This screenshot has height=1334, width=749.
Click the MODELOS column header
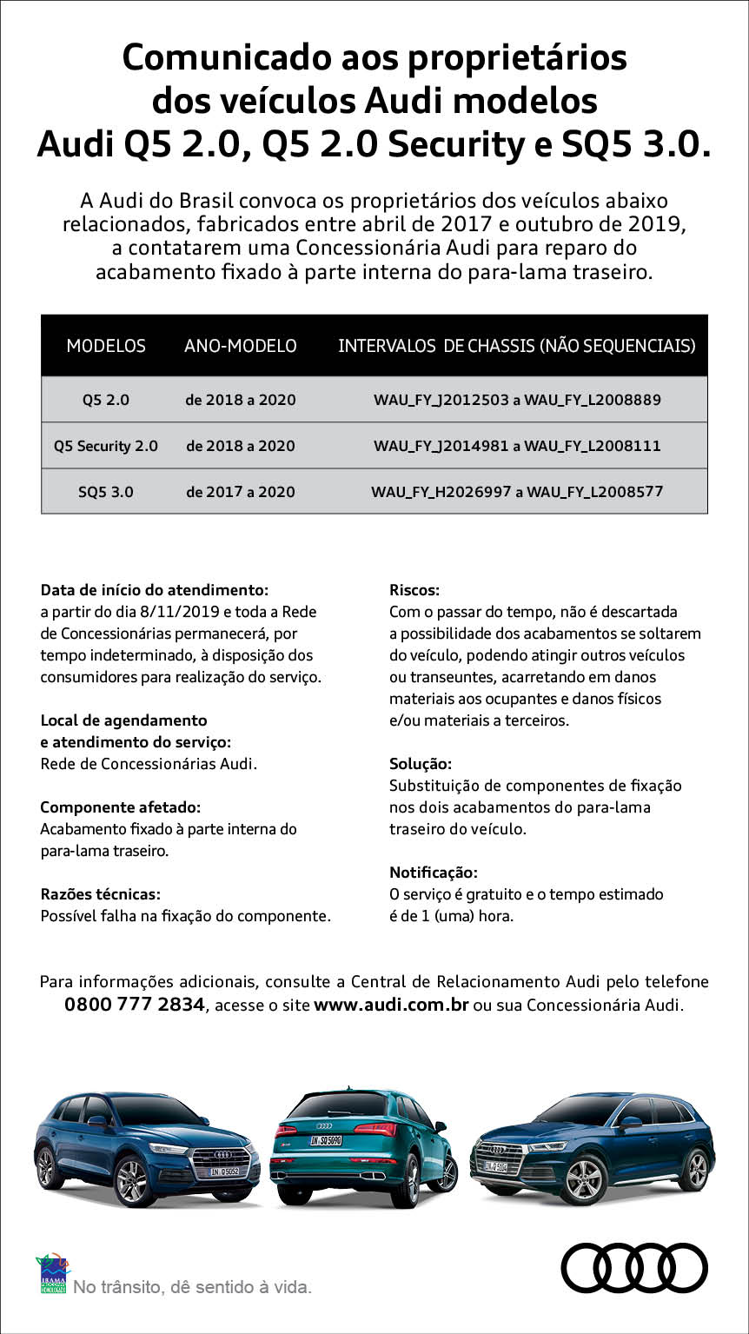pyautogui.click(x=106, y=346)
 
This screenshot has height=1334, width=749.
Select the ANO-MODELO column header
pyautogui.click(x=241, y=346)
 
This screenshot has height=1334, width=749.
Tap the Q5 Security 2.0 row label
pyautogui.click(x=106, y=446)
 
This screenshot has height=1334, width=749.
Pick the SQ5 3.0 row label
pyautogui.click(x=106, y=492)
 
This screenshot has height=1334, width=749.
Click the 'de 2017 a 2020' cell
pyautogui.click(x=241, y=492)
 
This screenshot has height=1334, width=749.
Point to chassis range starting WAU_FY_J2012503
pyautogui.click(x=517, y=401)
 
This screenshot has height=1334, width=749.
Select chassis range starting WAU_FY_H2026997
pyautogui.click(x=517, y=492)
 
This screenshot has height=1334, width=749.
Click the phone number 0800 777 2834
pyautogui.click(x=135, y=1005)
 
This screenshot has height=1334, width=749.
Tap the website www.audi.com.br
pyautogui.click(x=391, y=1005)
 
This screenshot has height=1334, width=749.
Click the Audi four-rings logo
pyautogui.click(x=634, y=1267)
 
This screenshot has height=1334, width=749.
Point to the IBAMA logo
pyautogui.click(x=53, y=1274)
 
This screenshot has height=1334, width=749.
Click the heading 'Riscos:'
pyautogui.click(x=414, y=590)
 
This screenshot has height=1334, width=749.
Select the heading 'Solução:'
pyautogui.click(x=421, y=764)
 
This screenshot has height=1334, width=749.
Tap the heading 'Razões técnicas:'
pyautogui.click(x=100, y=894)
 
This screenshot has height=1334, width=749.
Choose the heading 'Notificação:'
pyautogui.click(x=434, y=873)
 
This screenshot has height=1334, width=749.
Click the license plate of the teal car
pyautogui.click(x=327, y=1140)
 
